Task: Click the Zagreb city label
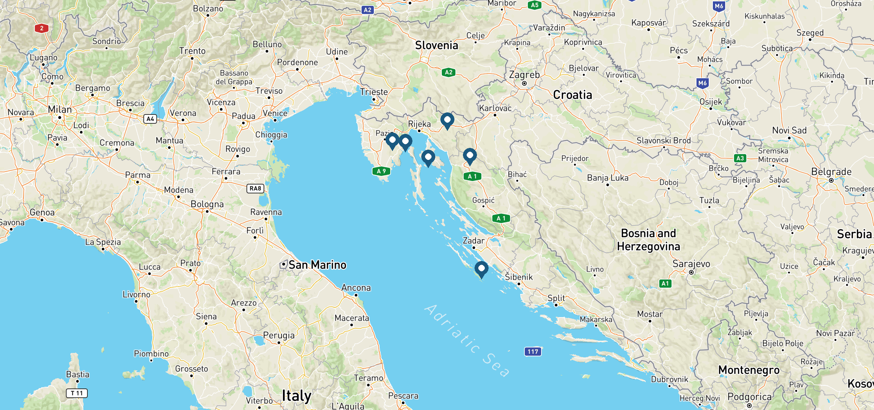point(524,75)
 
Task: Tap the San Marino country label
point(317,265)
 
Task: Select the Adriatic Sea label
point(467,341)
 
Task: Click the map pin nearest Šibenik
point(481,269)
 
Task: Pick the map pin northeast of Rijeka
point(447,121)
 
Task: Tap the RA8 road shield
point(255,188)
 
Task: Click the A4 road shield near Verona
point(150,119)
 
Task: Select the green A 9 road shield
point(381,171)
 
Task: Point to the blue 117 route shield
point(533,352)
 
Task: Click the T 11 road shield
point(76,393)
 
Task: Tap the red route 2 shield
point(42,28)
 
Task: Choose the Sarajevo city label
point(691,264)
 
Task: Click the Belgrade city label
point(831,172)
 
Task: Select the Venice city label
point(275,113)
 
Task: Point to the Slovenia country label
point(436,45)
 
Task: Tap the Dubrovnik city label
point(669,379)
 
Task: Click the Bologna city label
point(207,204)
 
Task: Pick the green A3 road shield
point(740,158)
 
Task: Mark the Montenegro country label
point(749,370)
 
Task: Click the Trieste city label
point(374,92)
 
